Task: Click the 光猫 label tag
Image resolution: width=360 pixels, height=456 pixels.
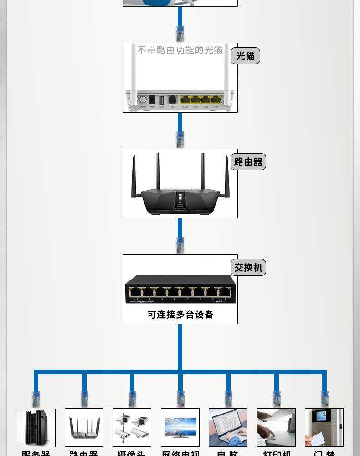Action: (x=245, y=56)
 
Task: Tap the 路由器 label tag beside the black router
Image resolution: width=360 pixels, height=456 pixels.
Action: (x=248, y=162)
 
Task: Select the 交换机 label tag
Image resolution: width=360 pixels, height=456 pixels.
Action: (x=248, y=267)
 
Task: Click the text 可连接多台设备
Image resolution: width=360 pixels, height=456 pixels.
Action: (x=180, y=314)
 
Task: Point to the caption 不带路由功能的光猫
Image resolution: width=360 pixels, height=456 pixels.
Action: (x=180, y=50)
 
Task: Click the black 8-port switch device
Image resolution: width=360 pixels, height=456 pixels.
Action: (x=180, y=289)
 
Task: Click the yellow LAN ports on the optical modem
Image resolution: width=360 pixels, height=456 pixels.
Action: (x=201, y=99)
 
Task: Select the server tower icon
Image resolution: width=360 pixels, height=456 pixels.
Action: (x=36, y=428)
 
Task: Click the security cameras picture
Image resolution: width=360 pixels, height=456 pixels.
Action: (x=132, y=428)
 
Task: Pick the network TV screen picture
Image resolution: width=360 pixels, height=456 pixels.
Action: (x=180, y=428)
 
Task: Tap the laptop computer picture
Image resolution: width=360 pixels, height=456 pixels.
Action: (x=228, y=428)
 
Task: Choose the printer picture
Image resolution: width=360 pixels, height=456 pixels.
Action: (x=276, y=428)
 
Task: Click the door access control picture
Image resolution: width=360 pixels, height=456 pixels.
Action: (x=324, y=428)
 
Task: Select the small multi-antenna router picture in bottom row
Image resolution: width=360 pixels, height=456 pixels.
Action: (x=84, y=428)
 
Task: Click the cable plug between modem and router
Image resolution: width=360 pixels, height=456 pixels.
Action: (x=180, y=139)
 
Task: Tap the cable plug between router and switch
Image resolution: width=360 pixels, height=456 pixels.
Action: (x=180, y=245)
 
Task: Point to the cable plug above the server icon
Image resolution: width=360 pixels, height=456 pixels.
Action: (x=36, y=399)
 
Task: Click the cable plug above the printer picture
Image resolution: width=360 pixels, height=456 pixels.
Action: (x=277, y=399)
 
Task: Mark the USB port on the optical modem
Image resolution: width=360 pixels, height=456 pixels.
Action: (x=161, y=100)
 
